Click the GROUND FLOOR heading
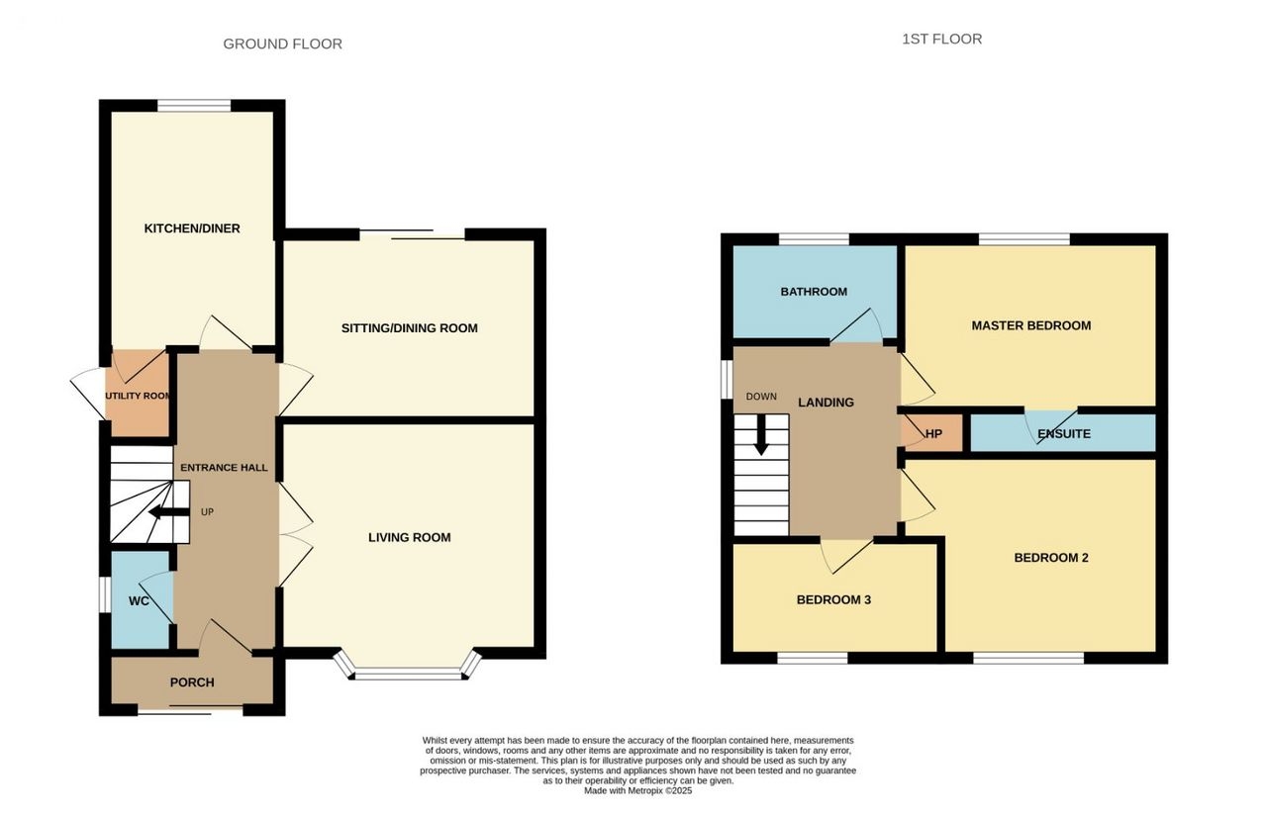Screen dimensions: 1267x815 [282, 45]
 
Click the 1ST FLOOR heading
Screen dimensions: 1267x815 [941, 39]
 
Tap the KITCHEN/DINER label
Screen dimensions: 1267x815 [192, 228]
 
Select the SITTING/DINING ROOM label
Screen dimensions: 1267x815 [409, 328]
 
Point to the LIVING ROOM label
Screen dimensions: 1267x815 [410, 537]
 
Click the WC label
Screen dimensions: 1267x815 [139, 600]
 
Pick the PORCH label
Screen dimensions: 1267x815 [192, 682]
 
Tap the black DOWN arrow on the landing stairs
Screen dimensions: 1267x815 [761, 434]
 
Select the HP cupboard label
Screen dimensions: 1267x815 [933, 434]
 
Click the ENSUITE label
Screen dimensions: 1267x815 [1063, 434]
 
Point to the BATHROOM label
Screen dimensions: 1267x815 [814, 292]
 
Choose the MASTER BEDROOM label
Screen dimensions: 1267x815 [1031, 325]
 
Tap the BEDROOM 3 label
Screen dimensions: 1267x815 [833, 599]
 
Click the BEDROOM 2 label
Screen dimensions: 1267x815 [1051, 558]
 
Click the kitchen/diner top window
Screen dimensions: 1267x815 [194, 106]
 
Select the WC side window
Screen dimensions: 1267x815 [105, 594]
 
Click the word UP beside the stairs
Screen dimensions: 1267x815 [207, 512]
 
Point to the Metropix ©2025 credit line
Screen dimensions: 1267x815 [638, 790]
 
